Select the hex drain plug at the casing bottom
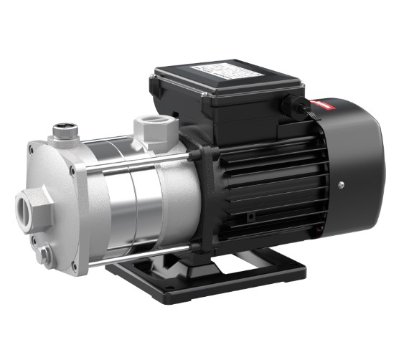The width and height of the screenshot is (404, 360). pyautogui.click(x=45, y=252)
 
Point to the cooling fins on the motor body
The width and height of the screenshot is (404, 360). pyautogui.click(x=266, y=179)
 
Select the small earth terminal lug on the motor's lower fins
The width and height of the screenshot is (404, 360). pyautogui.click(x=250, y=216)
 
